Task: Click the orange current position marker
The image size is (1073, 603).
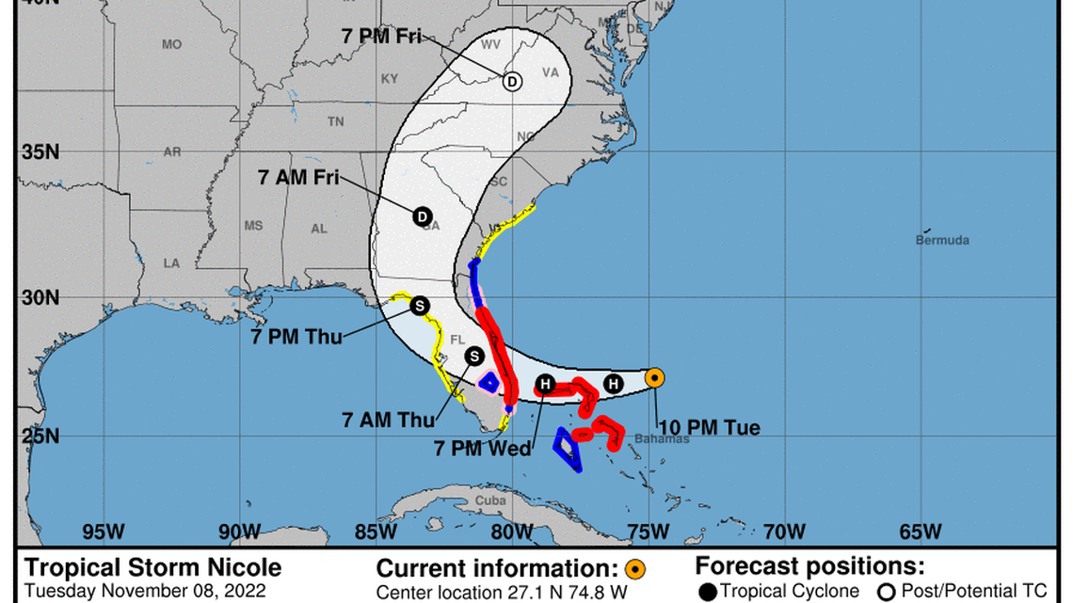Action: click(x=655, y=378)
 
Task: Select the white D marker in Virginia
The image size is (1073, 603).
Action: click(x=511, y=82)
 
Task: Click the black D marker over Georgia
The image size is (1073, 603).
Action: click(x=422, y=216)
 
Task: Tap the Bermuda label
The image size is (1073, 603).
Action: click(x=942, y=240)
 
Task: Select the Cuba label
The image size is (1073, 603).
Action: click(x=489, y=500)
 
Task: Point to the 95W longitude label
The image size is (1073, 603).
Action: click(x=104, y=532)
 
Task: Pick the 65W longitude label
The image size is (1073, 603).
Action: click(x=920, y=532)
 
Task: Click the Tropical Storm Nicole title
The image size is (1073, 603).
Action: click(x=152, y=567)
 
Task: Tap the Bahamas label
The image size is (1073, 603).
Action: click(x=661, y=438)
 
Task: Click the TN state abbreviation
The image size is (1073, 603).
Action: click(x=335, y=121)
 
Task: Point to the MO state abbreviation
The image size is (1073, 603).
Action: click(x=171, y=44)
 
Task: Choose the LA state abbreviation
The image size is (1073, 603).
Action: click(x=170, y=263)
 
